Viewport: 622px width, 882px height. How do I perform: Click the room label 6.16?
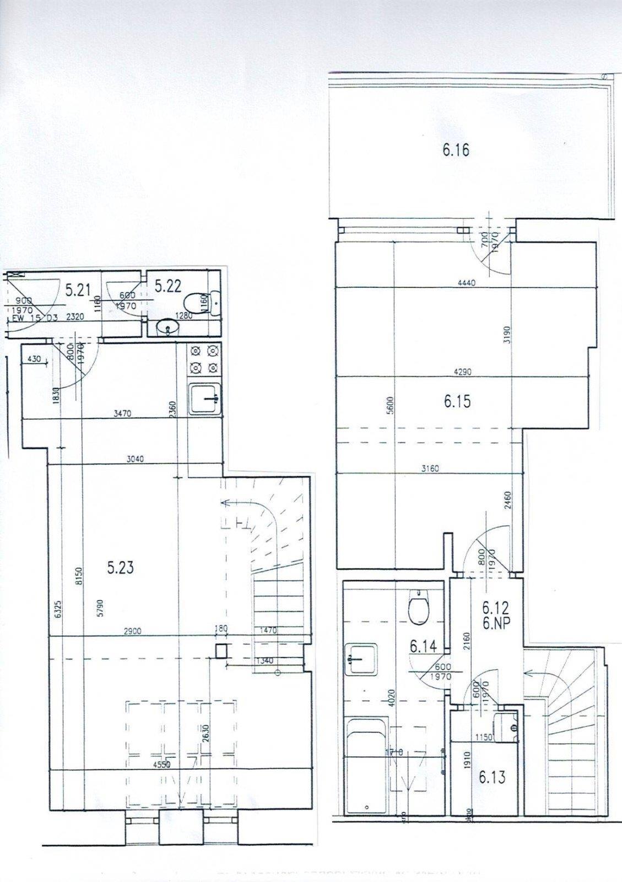(x=456, y=150)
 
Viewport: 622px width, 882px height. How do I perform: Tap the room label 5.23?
(x=120, y=567)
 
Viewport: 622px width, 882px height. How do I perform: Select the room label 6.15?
(x=457, y=401)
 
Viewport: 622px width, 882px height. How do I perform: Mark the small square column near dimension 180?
(x=221, y=652)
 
